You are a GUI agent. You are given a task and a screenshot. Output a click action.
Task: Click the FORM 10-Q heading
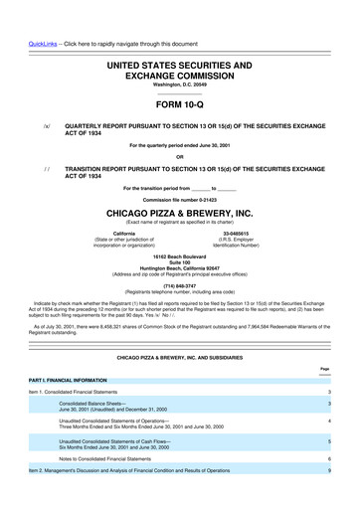click(180, 103)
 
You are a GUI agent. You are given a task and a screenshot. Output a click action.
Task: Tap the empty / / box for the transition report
click(46, 170)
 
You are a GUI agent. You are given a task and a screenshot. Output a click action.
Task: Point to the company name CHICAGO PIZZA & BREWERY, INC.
click(180, 213)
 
